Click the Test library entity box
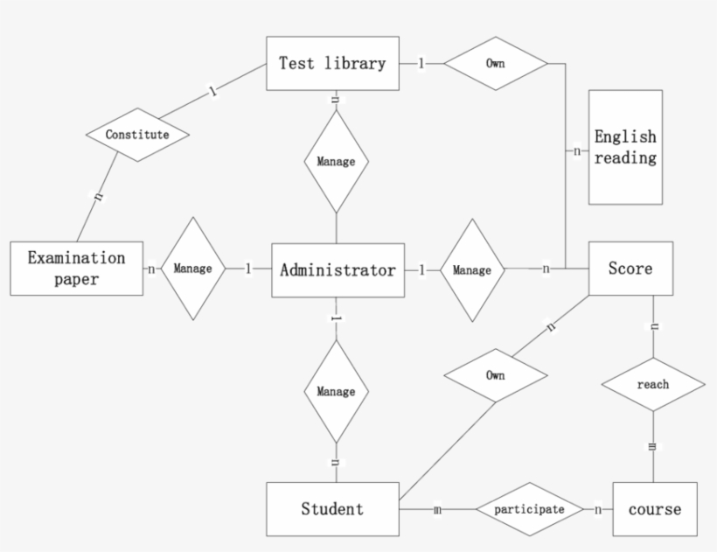(332, 64)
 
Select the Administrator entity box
(338, 270)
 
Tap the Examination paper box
(77, 269)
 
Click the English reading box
(625, 147)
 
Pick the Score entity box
(630, 269)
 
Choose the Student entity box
(332, 508)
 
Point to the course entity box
(655, 508)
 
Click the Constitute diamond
(138, 135)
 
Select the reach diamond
(653, 384)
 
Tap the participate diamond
(530, 508)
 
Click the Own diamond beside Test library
(495, 64)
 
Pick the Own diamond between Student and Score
(495, 375)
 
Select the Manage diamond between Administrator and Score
(472, 270)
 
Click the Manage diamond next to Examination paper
(192, 269)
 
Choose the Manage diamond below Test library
(337, 162)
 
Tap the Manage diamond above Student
(337, 391)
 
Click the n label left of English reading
(577, 151)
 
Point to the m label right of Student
(437, 509)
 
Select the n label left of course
(598, 509)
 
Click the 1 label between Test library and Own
(421, 63)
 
